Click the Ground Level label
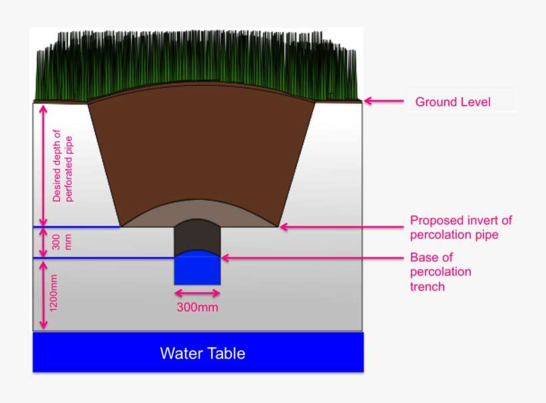point(453,102)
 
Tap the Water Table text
point(202,353)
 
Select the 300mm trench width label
point(197,307)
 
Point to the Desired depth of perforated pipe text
point(61,166)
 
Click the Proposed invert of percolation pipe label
point(461,227)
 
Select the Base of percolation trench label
point(440,271)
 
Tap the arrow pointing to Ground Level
point(384,102)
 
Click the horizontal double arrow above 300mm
point(197,292)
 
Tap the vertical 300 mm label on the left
point(61,242)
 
